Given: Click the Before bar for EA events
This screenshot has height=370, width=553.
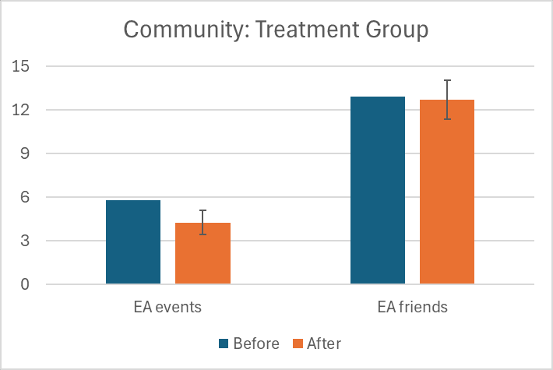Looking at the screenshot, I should coord(133,242).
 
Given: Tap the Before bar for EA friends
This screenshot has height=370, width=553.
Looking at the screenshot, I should coord(378,190).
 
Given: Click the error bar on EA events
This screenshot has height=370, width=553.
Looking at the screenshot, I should coord(203,222).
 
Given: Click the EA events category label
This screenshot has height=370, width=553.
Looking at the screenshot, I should coord(168,307).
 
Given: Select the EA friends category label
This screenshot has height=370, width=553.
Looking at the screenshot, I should coord(413,307).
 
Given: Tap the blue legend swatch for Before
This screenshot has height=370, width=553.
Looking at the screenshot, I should coord(224,344).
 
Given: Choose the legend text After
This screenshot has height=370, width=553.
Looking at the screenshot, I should coord(324,344).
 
